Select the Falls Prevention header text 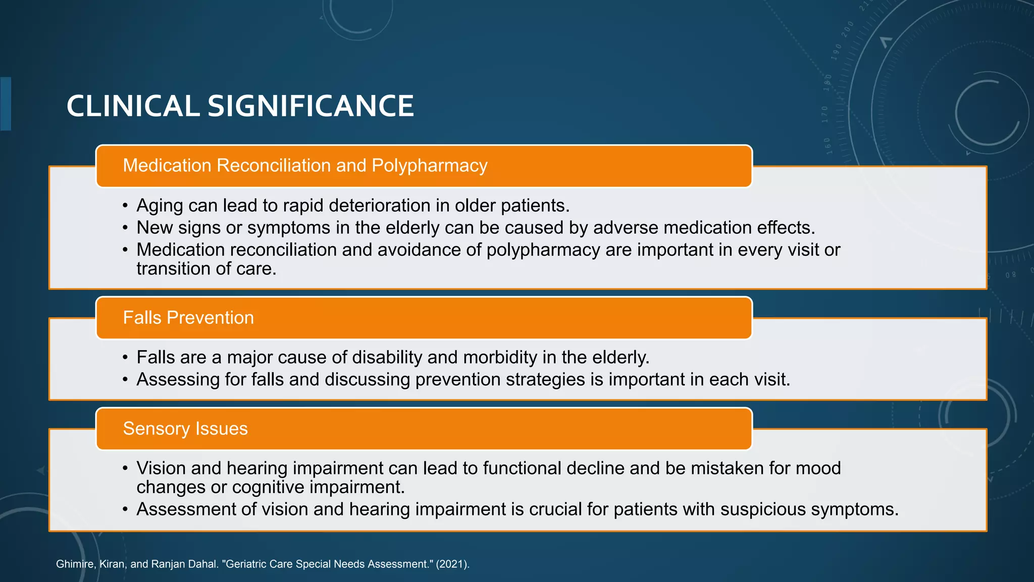(188, 318)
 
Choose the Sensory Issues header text (185, 428)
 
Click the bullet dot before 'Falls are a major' (125, 358)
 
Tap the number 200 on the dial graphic (847, 29)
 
